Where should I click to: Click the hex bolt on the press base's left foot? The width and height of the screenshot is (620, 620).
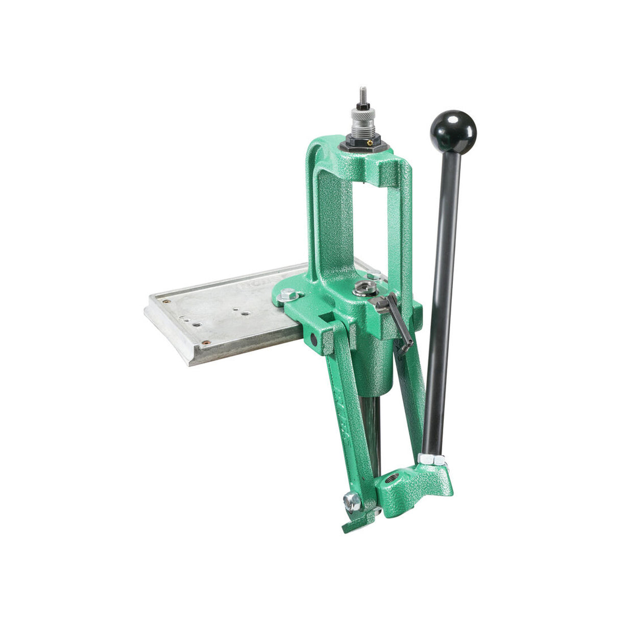[x=288, y=295]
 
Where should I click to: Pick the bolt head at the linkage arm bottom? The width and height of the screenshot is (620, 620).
[x=351, y=502]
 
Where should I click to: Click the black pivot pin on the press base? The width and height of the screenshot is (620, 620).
[x=313, y=339]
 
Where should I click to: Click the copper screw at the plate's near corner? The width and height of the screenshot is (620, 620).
[x=205, y=343]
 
